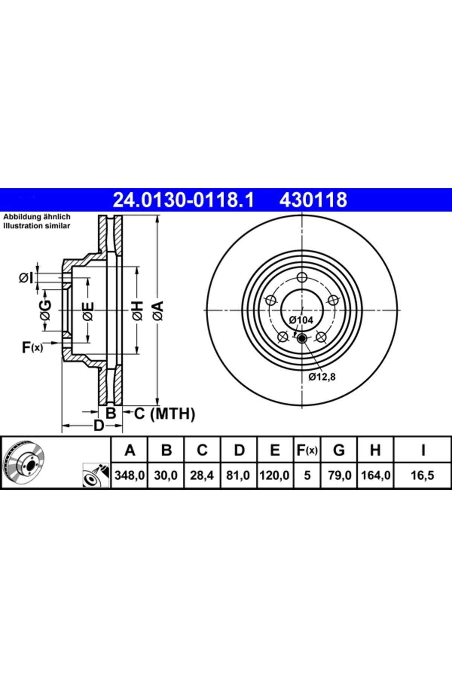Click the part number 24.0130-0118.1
tap(184, 200)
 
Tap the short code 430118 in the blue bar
tap(313, 200)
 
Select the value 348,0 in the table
tap(130, 475)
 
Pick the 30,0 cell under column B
tap(166, 475)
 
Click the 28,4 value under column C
tap(202, 475)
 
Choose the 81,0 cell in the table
tap(238, 475)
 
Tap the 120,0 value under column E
tap(274, 475)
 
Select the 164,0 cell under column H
tap(376, 475)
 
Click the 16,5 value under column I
tap(422, 475)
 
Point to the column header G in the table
tap(339, 450)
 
